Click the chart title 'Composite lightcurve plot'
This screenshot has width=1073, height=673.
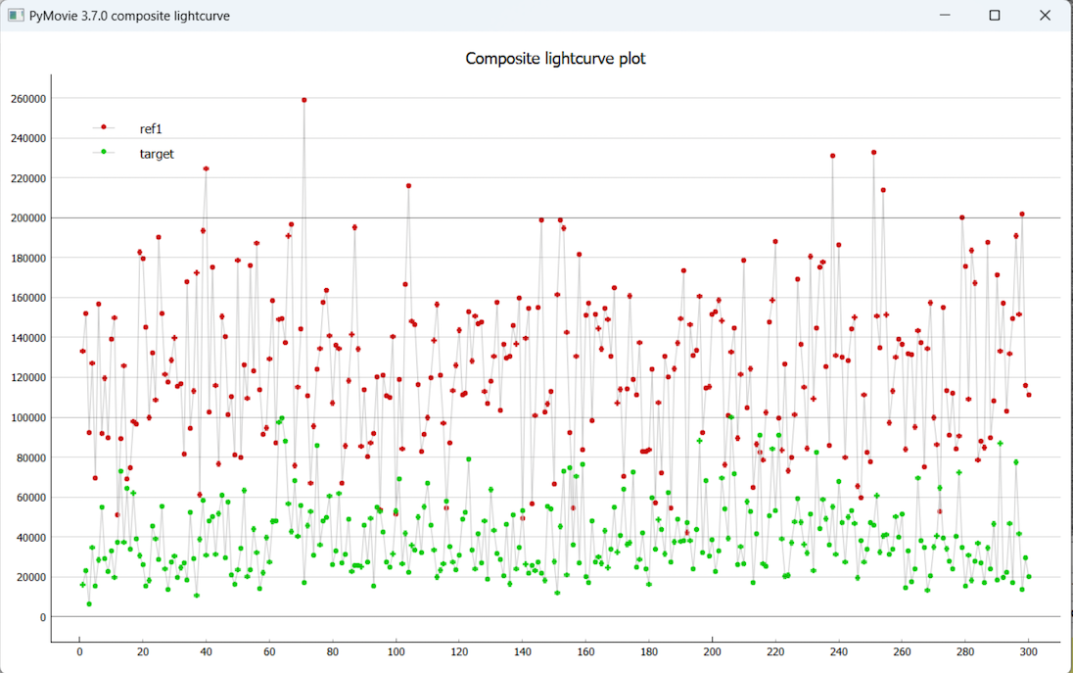(555, 59)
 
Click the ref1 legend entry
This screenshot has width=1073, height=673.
(151, 128)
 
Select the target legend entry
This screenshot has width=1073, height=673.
(157, 154)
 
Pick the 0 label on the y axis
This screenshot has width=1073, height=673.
(41, 617)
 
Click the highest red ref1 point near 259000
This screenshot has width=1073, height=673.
(304, 100)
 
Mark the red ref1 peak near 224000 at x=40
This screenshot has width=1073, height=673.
(206, 168)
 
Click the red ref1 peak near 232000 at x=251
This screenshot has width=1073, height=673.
(873, 153)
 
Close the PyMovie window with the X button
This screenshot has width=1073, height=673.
(1046, 16)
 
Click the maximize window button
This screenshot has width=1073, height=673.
(995, 16)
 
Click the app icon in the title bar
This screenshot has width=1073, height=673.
(15, 16)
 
